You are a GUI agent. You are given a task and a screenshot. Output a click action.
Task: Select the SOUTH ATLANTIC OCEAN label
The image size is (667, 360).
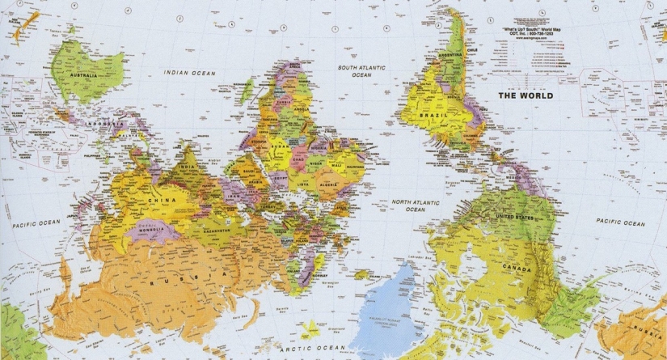[x=355, y=70]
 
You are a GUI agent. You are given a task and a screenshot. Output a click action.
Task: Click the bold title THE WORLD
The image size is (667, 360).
[x=525, y=95]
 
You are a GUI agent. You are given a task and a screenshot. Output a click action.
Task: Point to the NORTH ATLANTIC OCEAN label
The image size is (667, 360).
[x=415, y=205]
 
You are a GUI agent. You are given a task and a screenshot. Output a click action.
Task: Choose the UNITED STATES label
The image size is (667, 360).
[x=517, y=218]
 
